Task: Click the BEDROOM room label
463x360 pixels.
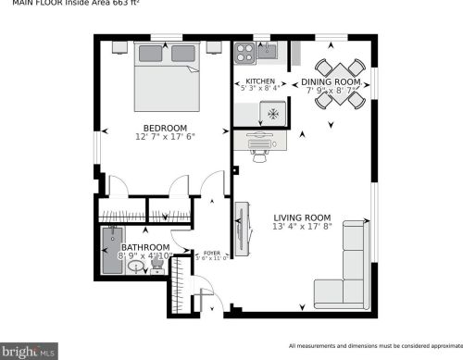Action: (x=165, y=128)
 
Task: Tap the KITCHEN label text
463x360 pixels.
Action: (x=259, y=81)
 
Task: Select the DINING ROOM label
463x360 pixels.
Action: (x=331, y=81)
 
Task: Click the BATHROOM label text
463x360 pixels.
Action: (x=145, y=248)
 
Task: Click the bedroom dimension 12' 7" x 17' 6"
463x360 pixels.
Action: (x=165, y=137)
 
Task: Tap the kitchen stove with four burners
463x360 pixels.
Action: (x=244, y=52)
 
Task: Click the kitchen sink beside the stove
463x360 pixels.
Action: (x=267, y=52)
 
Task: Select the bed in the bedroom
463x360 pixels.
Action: (x=167, y=74)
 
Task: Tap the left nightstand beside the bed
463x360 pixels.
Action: (x=119, y=43)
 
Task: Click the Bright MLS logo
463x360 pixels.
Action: (x=29, y=352)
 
